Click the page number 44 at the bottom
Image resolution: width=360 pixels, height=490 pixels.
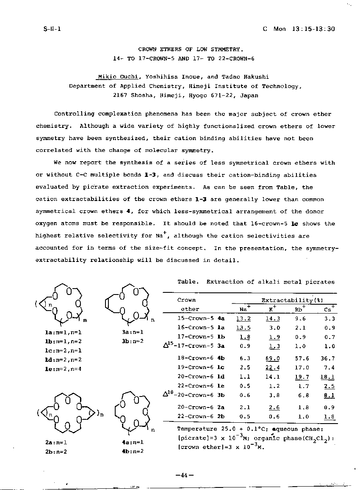pyautogui.click(x=184, y=475)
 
